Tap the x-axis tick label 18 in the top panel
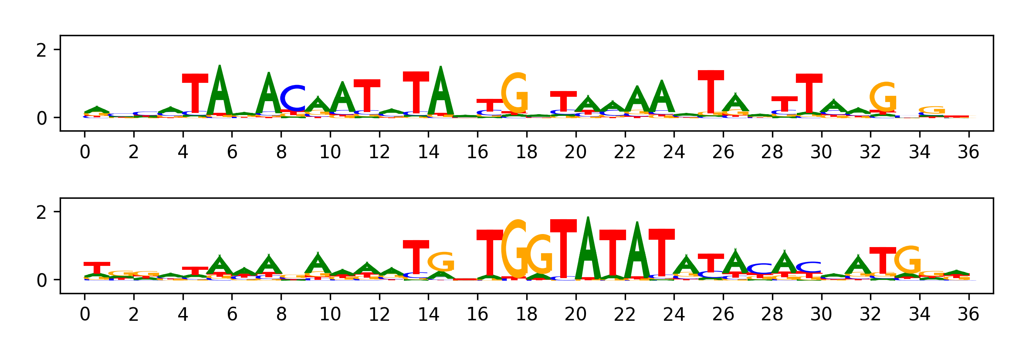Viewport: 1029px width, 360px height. pyautogui.click(x=526, y=152)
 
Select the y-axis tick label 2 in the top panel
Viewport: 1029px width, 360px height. pyautogui.click(x=41, y=51)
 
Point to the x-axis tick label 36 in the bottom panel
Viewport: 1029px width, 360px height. pyautogui.click(x=968, y=314)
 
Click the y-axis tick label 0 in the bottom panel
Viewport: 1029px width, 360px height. pyautogui.click(x=41, y=280)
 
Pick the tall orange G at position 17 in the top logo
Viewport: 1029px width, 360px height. pyautogui.click(x=514, y=93)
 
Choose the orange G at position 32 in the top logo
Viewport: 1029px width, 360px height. pyautogui.click(x=883, y=97)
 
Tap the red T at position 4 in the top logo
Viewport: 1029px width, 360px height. pyautogui.click(x=195, y=94)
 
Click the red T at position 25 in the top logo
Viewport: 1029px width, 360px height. pyautogui.click(x=711, y=92)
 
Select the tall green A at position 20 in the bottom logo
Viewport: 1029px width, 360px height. pyautogui.click(x=588, y=248)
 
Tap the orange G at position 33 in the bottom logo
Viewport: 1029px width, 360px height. pyautogui.click(x=907, y=261)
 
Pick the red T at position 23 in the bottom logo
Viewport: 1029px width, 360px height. pyautogui.click(x=661, y=252)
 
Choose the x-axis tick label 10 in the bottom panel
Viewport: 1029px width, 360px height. pyautogui.click(x=330, y=314)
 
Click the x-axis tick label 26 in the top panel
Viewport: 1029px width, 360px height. pyautogui.click(x=723, y=152)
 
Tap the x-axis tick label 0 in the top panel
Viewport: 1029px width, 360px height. pyautogui.click(x=85, y=152)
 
